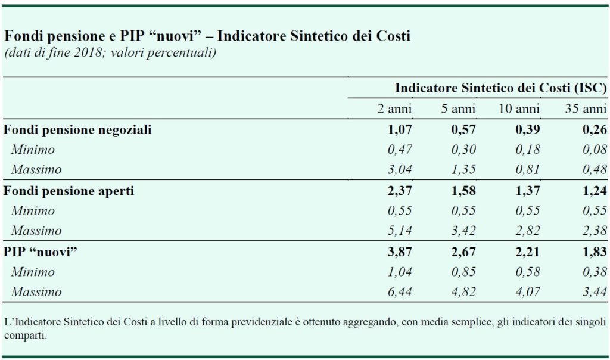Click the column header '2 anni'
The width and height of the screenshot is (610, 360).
[x=394, y=108]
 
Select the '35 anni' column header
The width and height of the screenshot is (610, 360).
[x=586, y=108]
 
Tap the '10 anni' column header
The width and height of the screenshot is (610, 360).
[x=519, y=108]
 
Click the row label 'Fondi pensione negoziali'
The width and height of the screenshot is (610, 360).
[x=77, y=129]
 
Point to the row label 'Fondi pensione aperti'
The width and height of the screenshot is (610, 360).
[x=69, y=191]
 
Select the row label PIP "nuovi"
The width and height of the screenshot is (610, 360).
[x=40, y=252]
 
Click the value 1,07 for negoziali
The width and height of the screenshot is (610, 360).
[x=400, y=129]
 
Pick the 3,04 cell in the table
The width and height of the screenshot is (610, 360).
[x=400, y=170]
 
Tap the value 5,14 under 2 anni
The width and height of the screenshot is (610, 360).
[x=400, y=231]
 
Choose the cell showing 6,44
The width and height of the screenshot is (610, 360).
[x=400, y=291]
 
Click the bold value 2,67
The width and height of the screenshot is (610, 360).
[x=463, y=252]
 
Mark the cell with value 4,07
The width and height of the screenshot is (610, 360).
[x=528, y=291]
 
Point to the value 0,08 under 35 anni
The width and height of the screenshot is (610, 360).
[x=595, y=150]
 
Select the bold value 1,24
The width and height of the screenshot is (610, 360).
[x=595, y=191]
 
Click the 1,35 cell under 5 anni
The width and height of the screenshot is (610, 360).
[x=463, y=170]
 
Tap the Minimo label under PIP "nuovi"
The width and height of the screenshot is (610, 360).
[x=33, y=272]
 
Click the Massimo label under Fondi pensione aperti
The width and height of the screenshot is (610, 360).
[x=36, y=231]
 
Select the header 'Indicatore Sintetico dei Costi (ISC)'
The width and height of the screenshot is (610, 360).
[x=500, y=88]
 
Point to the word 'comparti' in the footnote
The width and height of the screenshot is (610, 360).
[x=25, y=336]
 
